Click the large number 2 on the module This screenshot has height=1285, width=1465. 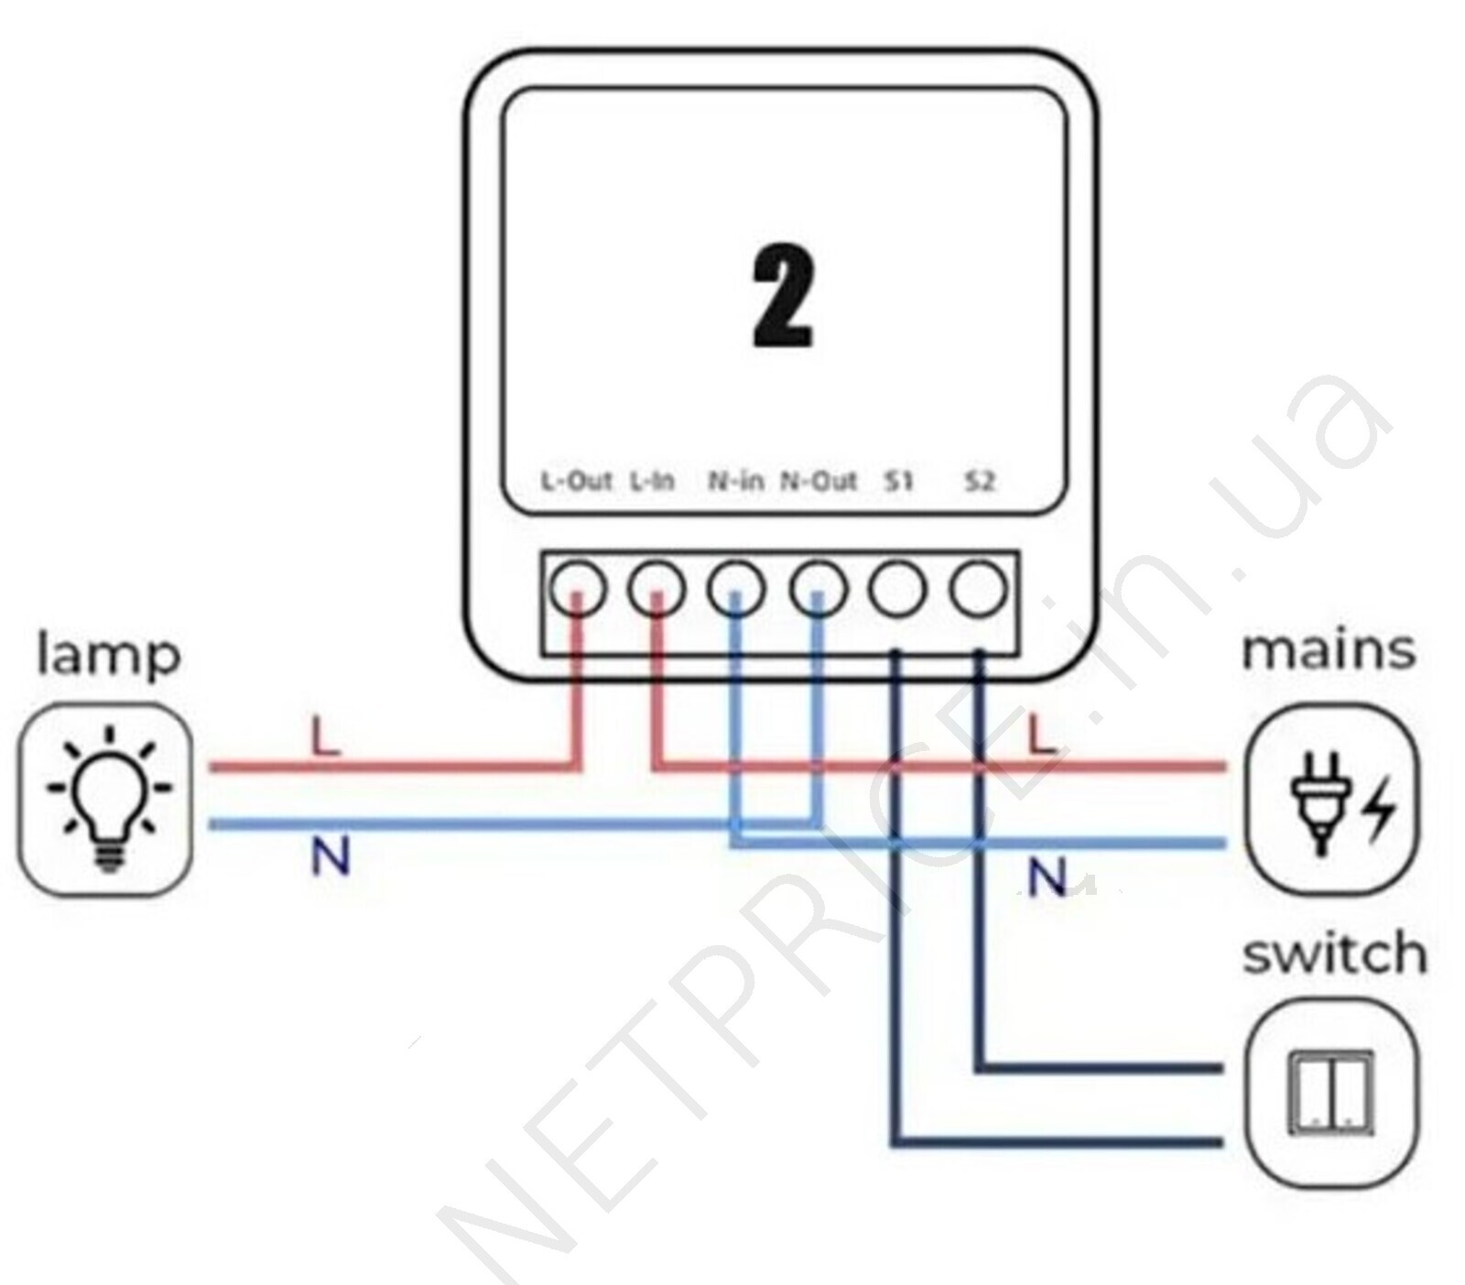tap(783, 299)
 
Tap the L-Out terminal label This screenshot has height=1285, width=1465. tap(575, 481)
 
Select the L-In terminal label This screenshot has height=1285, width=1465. tap(652, 481)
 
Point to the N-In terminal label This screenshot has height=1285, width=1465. tap(735, 481)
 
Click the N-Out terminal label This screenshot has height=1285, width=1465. tap(818, 481)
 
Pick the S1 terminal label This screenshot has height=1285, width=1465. tap(899, 481)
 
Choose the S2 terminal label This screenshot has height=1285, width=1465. tap(980, 481)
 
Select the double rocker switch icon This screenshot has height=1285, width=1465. tap(1330, 1093)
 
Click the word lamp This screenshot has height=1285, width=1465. tap(108, 656)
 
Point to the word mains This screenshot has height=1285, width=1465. tap(1329, 650)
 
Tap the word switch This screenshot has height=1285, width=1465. tap(1334, 953)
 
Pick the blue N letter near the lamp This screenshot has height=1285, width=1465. tap(331, 857)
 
